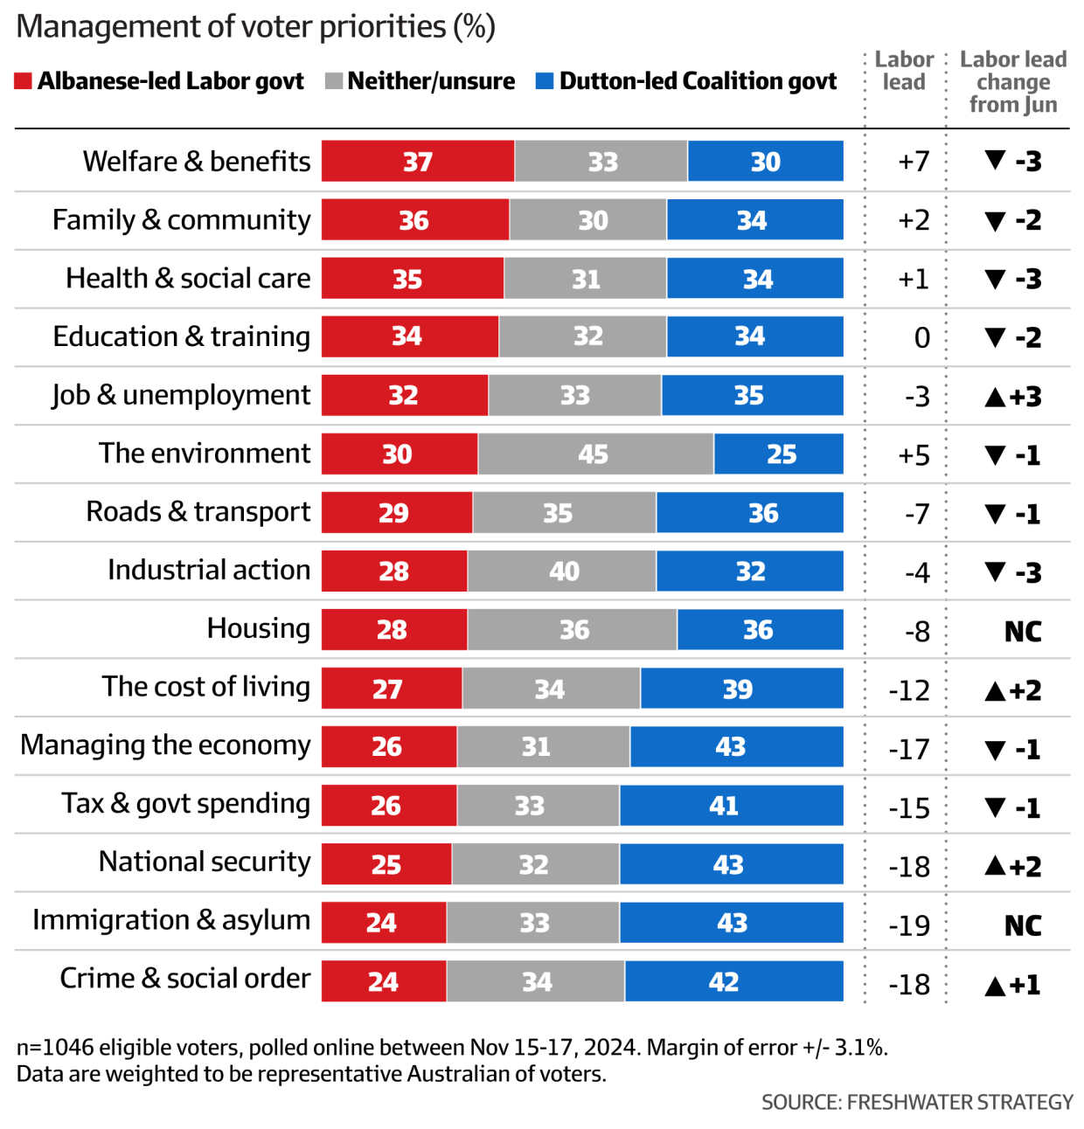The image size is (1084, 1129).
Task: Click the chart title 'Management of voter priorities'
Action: click(255, 27)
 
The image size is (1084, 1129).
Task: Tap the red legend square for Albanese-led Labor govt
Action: click(24, 81)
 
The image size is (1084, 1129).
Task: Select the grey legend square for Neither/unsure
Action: click(333, 81)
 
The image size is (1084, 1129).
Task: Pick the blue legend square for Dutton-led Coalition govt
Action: click(545, 81)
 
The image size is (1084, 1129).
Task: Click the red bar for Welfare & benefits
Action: click(418, 161)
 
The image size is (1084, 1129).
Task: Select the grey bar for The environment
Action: click(595, 454)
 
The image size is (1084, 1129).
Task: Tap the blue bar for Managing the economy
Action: click(736, 747)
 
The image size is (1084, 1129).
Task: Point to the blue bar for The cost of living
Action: click(741, 689)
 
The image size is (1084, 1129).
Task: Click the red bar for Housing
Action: click(394, 629)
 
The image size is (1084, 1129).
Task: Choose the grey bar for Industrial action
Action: click(561, 571)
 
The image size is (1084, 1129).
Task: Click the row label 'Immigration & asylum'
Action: click(171, 920)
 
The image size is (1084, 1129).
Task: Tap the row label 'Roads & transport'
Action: click(198, 512)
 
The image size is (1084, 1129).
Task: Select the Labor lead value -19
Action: click(909, 925)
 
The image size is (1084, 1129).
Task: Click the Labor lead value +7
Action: click(914, 162)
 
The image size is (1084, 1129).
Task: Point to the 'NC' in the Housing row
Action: click(1022, 631)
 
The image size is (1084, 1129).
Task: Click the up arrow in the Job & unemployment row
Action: click(995, 397)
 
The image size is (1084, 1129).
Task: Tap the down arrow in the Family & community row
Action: click(995, 220)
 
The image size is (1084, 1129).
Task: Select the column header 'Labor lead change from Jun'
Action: click(1013, 82)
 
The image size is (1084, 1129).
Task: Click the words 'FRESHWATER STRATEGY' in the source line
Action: click(960, 1103)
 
